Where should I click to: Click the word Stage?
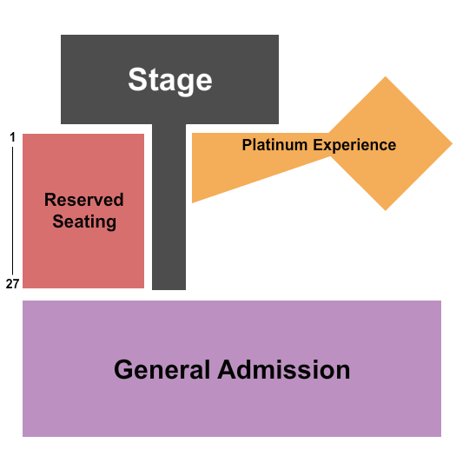[x=170, y=81]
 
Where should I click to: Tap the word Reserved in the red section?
[x=84, y=200]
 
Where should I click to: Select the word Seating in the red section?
[x=84, y=222]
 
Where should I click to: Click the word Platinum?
[x=274, y=144]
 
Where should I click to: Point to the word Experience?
[x=354, y=146]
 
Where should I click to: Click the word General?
[x=162, y=370]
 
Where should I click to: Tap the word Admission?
[x=284, y=370]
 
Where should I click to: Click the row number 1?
[x=12, y=137]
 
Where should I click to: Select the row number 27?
[x=12, y=283]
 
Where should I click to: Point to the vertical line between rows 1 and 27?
[x=12, y=210]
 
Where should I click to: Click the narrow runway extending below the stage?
[x=169, y=207]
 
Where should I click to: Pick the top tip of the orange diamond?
[x=386, y=76]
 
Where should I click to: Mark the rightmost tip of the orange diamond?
[x=453, y=143]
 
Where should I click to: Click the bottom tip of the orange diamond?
[x=386, y=210]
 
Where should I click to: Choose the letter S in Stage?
[x=137, y=79]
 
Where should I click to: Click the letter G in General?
[x=124, y=370]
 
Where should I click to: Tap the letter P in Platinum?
[x=248, y=144]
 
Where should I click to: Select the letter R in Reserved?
[x=50, y=200]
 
